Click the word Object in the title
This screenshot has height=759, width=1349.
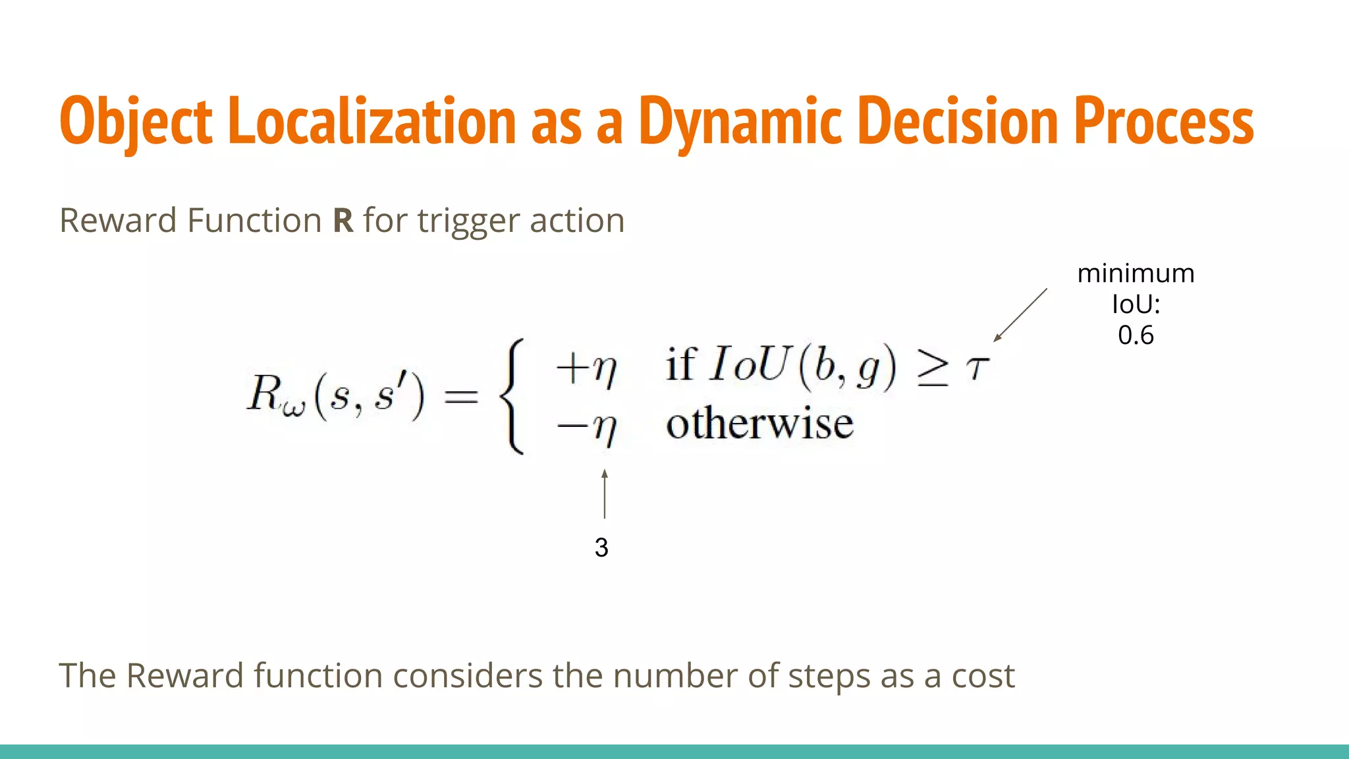136,122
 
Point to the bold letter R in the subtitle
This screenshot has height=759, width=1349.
343,221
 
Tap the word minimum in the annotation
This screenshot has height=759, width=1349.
1136,273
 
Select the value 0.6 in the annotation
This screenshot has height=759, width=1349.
1136,335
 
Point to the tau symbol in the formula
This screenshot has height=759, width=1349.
977,367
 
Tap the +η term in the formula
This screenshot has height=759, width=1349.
586,368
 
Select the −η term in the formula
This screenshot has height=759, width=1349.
586,427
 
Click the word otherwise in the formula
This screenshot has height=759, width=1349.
759,423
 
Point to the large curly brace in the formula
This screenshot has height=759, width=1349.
513,395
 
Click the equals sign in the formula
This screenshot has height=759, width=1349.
460,396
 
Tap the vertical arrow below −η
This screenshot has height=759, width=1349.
604,493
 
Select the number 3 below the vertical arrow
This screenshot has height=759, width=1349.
601,548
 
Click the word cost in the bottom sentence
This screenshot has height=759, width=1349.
983,676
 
